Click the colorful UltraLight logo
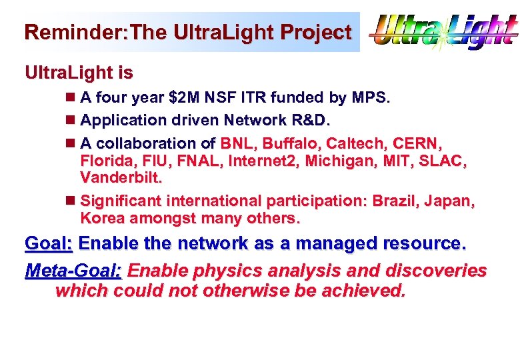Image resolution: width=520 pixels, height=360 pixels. pyautogui.click(x=443, y=32)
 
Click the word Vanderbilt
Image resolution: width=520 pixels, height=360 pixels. pyautogui.click(x=121, y=178)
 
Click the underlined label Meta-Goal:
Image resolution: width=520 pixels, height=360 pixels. pyautogui.click(x=73, y=271)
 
